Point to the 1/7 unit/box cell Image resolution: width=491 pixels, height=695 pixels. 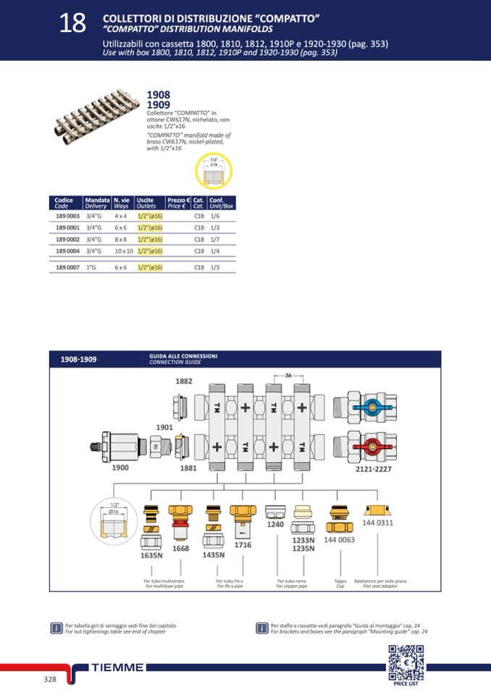point(215,239)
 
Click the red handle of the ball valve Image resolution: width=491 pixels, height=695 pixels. point(369,443)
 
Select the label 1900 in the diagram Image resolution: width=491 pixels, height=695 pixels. point(120,467)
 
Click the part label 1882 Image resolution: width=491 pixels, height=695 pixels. point(185,381)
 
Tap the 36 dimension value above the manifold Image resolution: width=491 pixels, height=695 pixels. point(288,375)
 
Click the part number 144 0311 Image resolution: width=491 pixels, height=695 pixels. point(377,523)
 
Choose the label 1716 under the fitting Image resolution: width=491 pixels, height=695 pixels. point(243,544)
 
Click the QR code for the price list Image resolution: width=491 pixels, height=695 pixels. point(404,660)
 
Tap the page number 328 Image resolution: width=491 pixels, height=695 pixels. point(50,678)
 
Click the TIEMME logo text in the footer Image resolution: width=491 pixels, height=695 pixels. point(118,667)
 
